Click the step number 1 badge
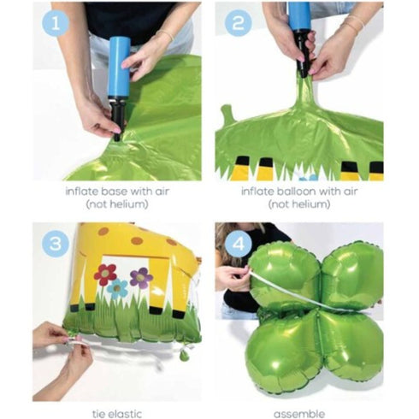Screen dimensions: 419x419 (56, 23)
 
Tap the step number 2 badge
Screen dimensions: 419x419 (238, 23)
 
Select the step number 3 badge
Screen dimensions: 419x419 (56, 244)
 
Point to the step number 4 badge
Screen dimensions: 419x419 (239, 244)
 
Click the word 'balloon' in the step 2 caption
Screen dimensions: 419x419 (295, 191)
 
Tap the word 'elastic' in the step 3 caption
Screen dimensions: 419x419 (125, 414)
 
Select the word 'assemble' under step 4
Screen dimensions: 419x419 (299, 414)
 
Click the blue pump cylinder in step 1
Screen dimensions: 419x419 (119, 67)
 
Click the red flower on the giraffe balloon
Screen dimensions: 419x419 (105, 274)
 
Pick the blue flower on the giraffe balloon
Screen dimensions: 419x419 (117, 289)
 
